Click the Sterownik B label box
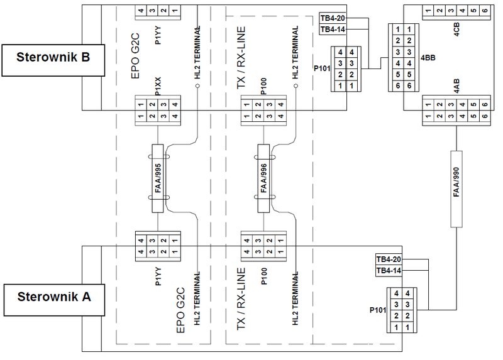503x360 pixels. coord(53,60)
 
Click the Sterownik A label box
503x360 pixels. coord(54,300)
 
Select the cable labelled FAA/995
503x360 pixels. coord(158,178)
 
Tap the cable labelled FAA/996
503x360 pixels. coord(263,178)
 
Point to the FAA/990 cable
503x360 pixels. coord(456,189)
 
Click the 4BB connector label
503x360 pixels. coord(428,58)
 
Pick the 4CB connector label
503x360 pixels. coord(457,29)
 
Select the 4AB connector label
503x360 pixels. coord(457,86)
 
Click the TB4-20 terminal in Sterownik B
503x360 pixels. coord(333,18)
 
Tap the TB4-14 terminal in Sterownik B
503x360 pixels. coord(333,29)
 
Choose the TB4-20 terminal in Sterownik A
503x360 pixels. coord(389,259)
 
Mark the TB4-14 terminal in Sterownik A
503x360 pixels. coord(389,270)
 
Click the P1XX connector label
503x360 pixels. coord(158,86)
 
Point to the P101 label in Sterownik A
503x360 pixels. coord(378,310)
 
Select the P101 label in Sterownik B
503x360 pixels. coord(322,68)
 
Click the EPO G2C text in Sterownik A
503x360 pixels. coord(181,310)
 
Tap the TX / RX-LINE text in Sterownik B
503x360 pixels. coord(241,58)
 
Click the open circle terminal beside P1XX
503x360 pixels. coord(197,86)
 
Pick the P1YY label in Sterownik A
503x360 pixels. coord(158,276)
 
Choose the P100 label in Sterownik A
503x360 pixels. coord(264,276)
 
